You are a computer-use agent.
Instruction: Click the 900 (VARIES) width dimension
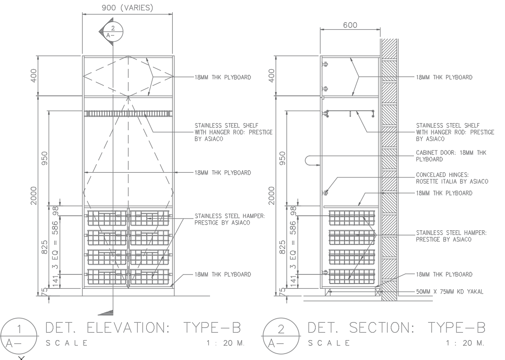point(127,8)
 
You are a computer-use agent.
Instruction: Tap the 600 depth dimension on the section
point(350,25)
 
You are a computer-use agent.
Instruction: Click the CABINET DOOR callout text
point(451,156)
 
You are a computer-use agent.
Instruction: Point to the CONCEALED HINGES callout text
point(452,177)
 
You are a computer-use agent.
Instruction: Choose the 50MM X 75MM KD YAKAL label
point(449,291)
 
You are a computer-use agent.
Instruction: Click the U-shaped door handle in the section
point(311,160)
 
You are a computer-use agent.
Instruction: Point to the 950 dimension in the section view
point(283,158)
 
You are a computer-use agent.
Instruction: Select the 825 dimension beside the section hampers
point(283,247)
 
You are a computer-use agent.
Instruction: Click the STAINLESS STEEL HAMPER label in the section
point(451,236)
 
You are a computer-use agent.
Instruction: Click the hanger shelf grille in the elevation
point(127,114)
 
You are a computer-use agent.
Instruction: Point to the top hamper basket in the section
point(352,218)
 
